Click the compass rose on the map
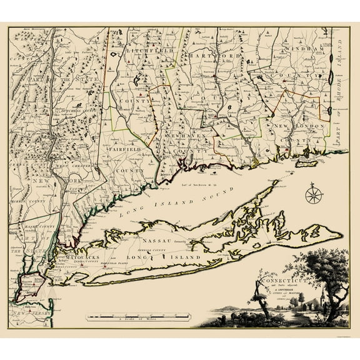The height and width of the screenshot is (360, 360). (x=312, y=196)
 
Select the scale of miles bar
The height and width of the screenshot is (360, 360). (x=131, y=317)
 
